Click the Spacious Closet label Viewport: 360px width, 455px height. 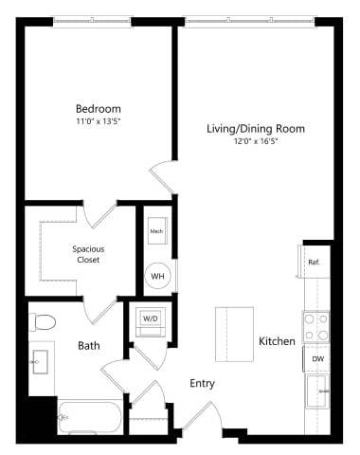click(89, 255)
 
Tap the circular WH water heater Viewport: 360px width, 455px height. click(157, 276)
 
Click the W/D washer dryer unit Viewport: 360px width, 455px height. click(152, 320)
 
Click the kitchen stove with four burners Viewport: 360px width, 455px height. click(315, 327)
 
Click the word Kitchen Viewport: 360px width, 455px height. click(277, 341)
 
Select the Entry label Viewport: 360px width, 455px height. click(201, 384)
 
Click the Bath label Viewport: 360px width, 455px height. click(88, 346)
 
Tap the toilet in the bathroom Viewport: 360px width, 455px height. click(44, 322)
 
